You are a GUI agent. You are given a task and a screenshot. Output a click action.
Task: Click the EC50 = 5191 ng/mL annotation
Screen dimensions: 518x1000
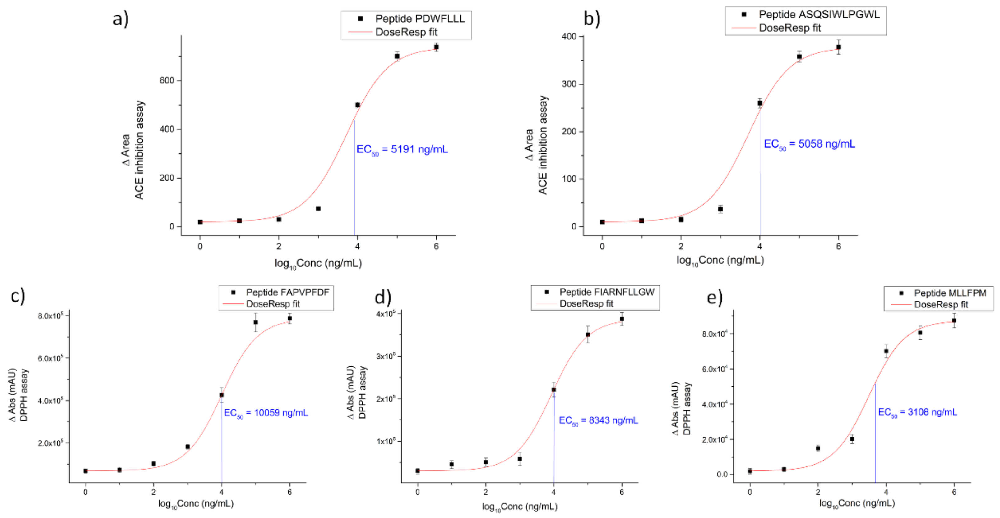tap(402, 150)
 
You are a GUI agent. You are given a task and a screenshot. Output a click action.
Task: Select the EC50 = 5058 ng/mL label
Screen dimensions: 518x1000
tap(809, 144)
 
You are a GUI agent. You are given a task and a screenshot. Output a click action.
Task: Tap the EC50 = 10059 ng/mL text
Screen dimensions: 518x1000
tap(266, 413)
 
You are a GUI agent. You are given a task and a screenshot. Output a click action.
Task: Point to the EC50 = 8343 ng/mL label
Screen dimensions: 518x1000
tap(598, 421)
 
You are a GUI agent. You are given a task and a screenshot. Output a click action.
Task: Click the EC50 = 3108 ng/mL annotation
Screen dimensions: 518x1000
tap(917, 412)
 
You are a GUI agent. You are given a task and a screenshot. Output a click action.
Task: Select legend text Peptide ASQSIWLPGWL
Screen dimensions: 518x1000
tap(819, 14)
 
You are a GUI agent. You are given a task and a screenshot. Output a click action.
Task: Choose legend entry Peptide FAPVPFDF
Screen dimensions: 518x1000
tap(287, 292)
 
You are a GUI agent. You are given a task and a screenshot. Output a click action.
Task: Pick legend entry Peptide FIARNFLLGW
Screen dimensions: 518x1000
tap(606, 292)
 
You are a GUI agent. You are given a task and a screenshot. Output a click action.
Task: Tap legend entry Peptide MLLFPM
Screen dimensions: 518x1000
tap(950, 293)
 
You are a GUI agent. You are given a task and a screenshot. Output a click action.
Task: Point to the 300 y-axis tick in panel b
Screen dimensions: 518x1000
tap(569, 84)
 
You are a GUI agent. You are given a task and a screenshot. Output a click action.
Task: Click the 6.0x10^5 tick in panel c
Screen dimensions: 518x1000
tap(50, 358)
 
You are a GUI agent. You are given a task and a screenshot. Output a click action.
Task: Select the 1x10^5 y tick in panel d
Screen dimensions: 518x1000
tap(386, 441)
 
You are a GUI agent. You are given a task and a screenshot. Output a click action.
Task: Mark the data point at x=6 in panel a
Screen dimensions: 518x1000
tap(436, 47)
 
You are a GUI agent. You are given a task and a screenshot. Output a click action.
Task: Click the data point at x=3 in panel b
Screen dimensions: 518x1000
tap(720, 209)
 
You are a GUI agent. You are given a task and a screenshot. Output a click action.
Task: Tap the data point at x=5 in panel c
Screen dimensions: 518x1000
tap(255, 322)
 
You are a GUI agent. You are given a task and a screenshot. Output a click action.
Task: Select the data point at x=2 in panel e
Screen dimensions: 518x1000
tap(818, 448)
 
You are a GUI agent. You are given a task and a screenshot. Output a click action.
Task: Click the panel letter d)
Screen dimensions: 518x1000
tap(383, 297)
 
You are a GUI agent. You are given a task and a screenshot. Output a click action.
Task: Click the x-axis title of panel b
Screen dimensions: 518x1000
tap(720, 261)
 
